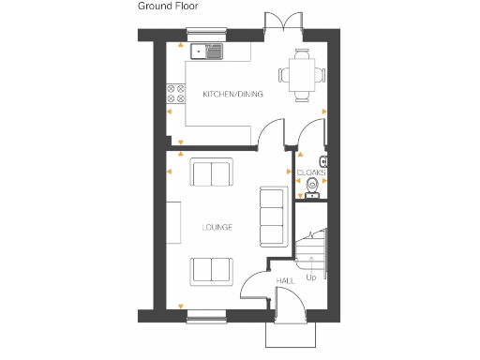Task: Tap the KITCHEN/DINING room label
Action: coord(232,95)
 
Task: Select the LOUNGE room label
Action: coord(217,228)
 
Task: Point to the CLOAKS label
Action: coord(311,173)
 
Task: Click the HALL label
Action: coord(284,281)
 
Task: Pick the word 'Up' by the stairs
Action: coord(311,277)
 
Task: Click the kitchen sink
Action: coord(205,52)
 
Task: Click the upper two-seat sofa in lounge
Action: coord(211,173)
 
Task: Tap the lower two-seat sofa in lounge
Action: coord(211,270)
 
